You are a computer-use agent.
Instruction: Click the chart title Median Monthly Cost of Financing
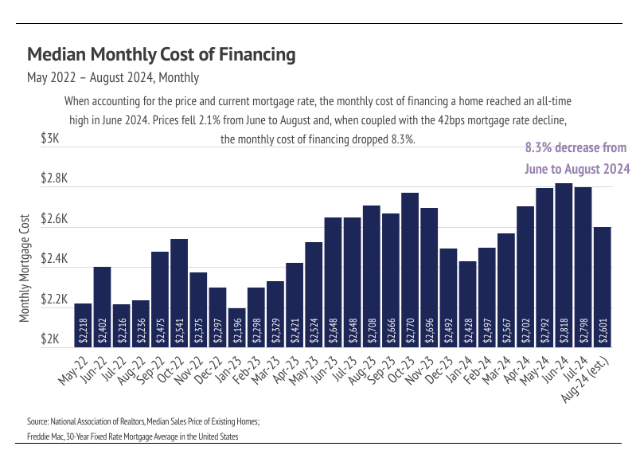tap(162, 54)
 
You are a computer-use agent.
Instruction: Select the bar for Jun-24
tap(564, 263)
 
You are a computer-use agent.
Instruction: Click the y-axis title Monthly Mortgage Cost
tap(25, 268)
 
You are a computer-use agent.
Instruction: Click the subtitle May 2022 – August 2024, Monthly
tap(113, 78)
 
